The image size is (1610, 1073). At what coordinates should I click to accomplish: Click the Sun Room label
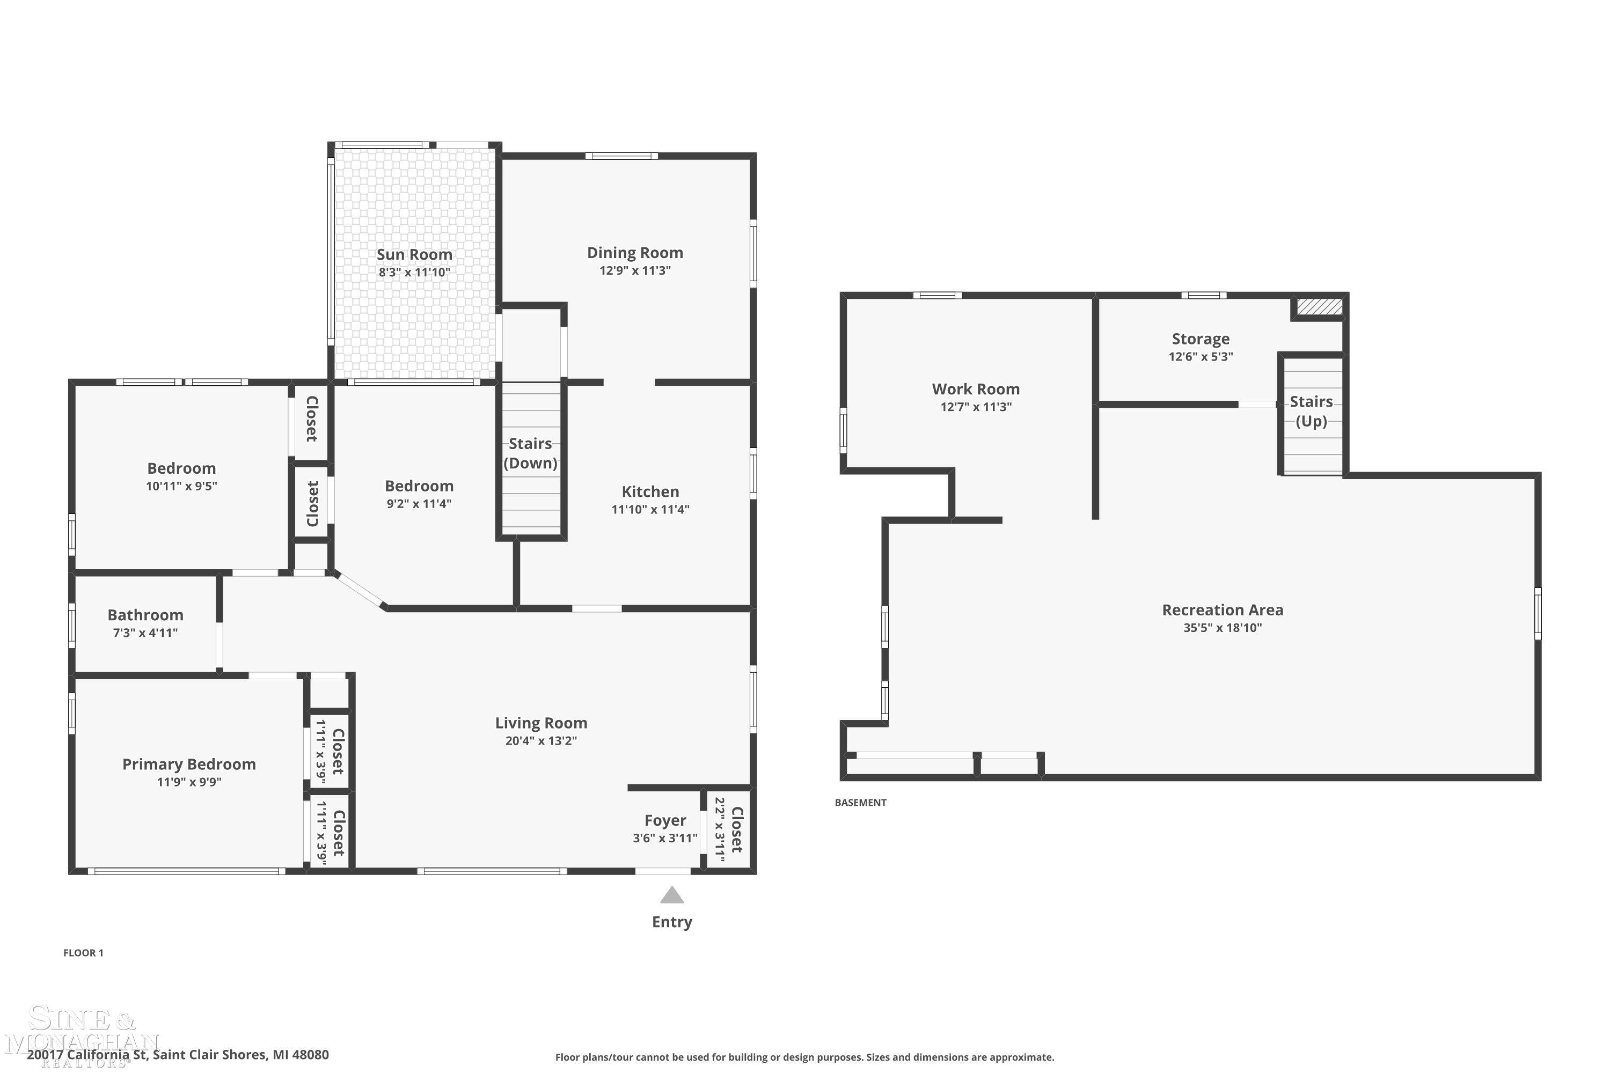414,254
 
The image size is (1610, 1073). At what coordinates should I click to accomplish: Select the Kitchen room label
650,491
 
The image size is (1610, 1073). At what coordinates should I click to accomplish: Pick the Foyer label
665,820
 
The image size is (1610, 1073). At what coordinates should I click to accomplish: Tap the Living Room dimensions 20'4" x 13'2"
541,740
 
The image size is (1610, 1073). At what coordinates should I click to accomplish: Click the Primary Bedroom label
189,765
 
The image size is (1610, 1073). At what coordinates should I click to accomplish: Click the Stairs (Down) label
531,453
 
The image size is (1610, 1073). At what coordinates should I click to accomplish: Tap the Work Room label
976,388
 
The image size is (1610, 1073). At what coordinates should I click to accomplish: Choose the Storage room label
1200,339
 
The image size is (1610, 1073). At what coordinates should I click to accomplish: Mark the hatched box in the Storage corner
1320,306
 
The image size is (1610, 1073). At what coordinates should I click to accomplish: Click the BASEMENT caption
860,803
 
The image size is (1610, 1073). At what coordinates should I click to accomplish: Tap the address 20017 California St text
87,1055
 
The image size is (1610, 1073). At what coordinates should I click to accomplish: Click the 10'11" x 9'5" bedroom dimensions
181,486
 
